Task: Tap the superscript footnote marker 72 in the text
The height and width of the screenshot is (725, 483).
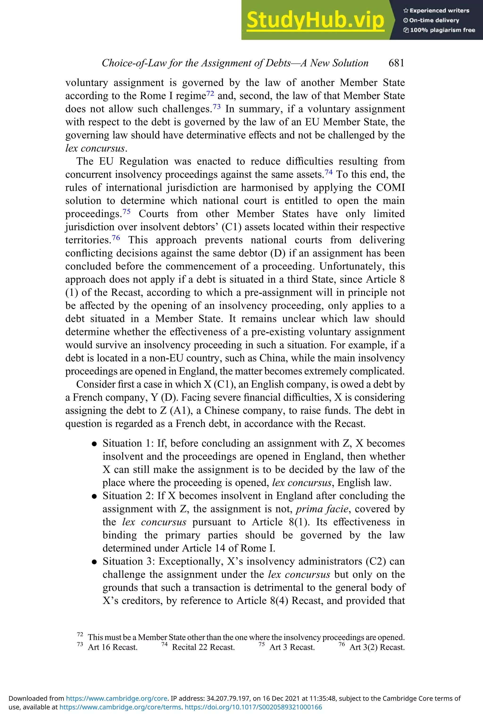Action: (x=210, y=93)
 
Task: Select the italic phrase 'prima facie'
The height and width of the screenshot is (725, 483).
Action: (x=322, y=509)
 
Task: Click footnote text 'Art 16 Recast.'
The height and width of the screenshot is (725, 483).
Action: (x=112, y=647)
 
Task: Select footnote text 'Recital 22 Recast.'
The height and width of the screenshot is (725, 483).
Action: (x=203, y=647)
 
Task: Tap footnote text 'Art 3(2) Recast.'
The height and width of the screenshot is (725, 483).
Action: (x=377, y=647)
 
